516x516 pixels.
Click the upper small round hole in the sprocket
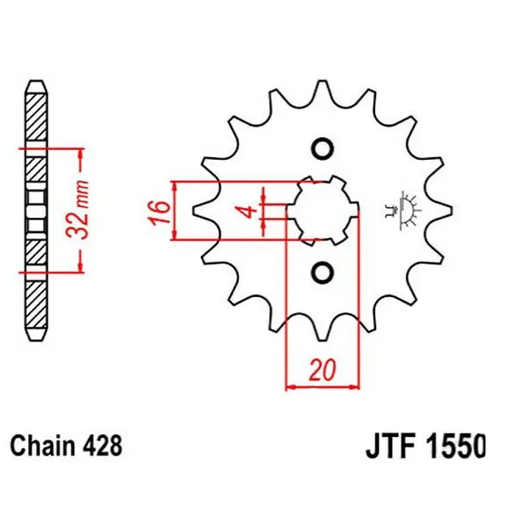pyautogui.click(x=323, y=149)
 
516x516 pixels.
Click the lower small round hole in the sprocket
pyautogui.click(x=323, y=273)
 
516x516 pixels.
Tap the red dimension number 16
pyautogui.click(x=159, y=211)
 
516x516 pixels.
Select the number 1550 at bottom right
pyautogui.click(x=456, y=447)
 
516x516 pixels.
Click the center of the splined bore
pyautogui.click(x=323, y=211)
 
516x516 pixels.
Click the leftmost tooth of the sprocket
pyautogui.click(x=199, y=211)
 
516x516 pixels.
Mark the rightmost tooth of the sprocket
pyautogui.click(x=445, y=211)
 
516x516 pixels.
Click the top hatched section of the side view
pyautogui.click(x=35, y=117)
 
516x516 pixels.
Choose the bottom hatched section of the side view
pyautogui.click(x=35, y=304)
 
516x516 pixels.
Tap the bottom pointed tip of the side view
pyautogui.click(x=35, y=341)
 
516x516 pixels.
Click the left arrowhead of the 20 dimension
pyautogui.click(x=290, y=387)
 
